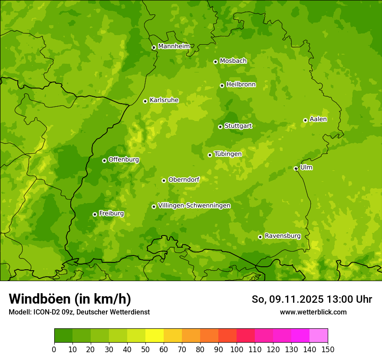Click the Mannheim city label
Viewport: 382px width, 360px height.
[174, 46]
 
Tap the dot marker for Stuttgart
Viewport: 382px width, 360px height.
[220, 127]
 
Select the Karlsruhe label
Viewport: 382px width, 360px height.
[164, 100]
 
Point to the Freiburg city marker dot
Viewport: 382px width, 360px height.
[95, 214]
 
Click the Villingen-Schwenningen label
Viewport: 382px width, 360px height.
[194, 206]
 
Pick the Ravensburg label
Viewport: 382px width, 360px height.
[283, 236]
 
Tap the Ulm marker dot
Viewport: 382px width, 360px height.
[296, 168]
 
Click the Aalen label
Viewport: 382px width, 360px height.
[318, 119]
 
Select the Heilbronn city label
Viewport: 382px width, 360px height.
[241, 85]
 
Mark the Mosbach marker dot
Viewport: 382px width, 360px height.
[215, 62]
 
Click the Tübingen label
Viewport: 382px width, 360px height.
[228, 154]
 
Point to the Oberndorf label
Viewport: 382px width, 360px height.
[184, 180]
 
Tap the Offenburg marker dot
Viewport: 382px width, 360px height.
[104, 160]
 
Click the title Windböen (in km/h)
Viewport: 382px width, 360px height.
[70, 299]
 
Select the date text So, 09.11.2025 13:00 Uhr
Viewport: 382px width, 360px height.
[312, 299]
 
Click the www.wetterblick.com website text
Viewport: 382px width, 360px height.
[313, 312]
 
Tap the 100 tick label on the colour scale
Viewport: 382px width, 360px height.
[237, 349]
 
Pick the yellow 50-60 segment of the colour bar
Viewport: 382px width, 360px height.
[155, 336]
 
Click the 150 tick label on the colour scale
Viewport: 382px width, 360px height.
[328, 349]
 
